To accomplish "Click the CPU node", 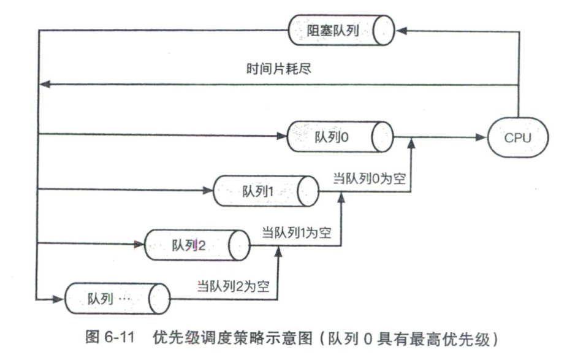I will pyautogui.click(x=518, y=138).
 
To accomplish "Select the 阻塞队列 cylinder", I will pyautogui.click(x=340, y=28).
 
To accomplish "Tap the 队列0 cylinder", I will pyautogui.click(x=339, y=137).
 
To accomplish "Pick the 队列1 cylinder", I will pyautogui.click(x=265, y=191).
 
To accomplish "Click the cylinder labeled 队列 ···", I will pyautogui.click(x=116, y=299).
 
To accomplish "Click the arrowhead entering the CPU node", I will pyautogui.click(x=484, y=138).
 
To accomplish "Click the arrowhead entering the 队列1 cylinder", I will pyautogui.click(x=209, y=190).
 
